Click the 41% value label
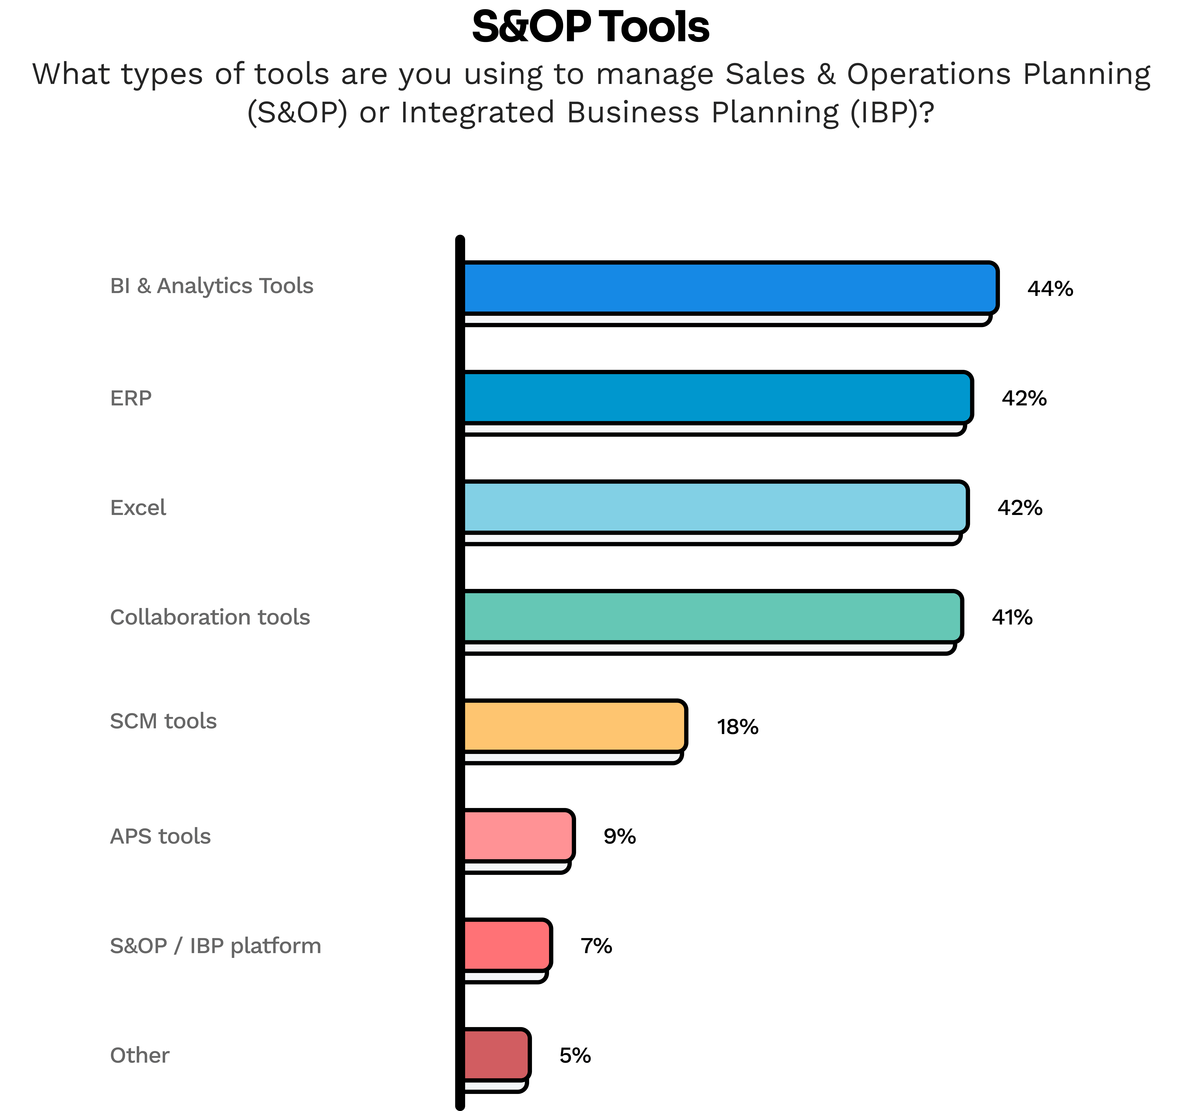coord(1012,617)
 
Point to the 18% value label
coord(737,727)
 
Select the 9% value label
coord(620,836)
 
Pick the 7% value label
coord(596,946)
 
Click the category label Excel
coord(138,507)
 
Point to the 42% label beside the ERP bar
coord(1024,398)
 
